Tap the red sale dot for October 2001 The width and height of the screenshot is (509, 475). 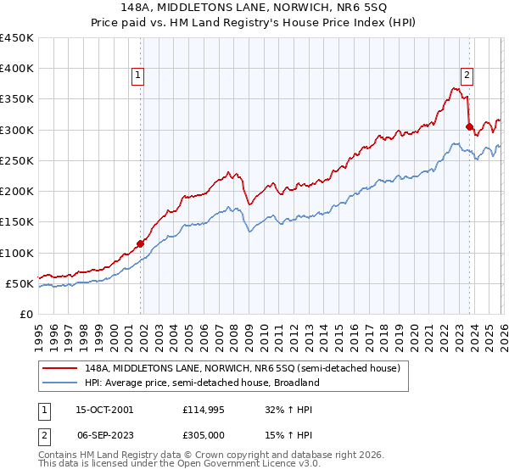141,243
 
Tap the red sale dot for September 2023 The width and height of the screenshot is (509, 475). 469,127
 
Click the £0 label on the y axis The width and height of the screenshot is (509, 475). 26,314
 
